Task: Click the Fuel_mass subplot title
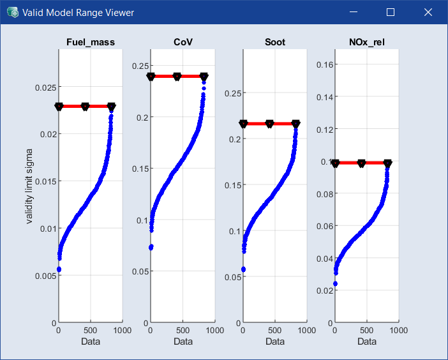coord(91,43)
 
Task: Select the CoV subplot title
coord(183,43)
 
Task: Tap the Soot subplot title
coord(275,43)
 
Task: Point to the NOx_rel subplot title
coord(367,43)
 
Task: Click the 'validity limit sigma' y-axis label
coord(29,184)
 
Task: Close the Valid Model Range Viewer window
coord(428,12)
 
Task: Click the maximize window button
coord(391,12)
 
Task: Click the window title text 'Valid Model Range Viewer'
coord(78,12)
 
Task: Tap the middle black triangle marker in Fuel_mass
coord(85,107)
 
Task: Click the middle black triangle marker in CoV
coord(177,77)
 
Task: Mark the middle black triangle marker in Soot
coord(269,123)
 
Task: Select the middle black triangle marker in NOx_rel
coord(361,163)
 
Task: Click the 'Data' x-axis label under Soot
coord(275,341)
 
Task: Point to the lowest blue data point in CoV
coord(151,247)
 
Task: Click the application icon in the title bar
coord(12,12)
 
